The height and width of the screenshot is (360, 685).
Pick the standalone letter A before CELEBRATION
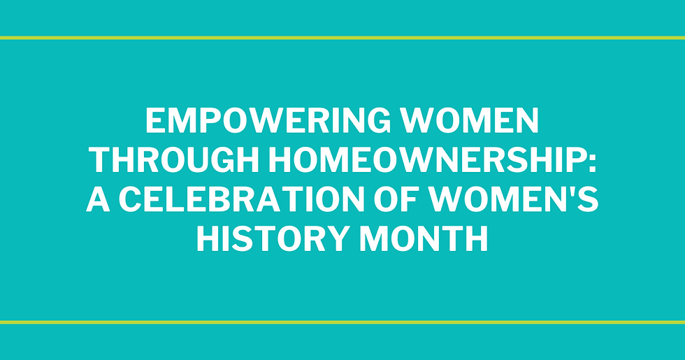pos(98,201)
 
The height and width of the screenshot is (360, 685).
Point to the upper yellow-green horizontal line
pos(342,38)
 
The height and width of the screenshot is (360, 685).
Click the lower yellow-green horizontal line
pos(342,322)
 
